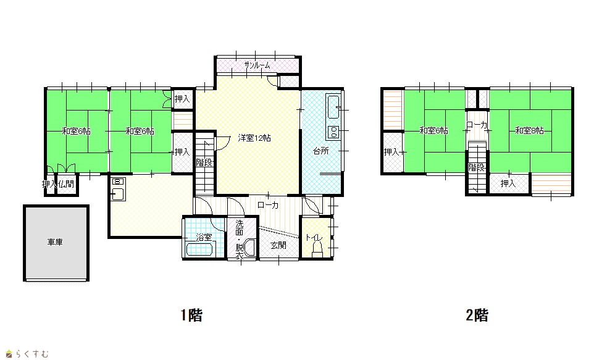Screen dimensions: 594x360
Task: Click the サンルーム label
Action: [x=257, y=65]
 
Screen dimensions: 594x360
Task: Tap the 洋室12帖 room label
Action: [x=254, y=138]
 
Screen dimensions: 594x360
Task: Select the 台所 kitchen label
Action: [x=321, y=151]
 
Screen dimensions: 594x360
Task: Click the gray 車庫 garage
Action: [x=56, y=243]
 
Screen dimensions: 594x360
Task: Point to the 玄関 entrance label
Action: [x=278, y=246]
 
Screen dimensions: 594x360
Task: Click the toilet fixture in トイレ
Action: [x=317, y=249]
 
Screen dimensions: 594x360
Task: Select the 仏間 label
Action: [x=66, y=184]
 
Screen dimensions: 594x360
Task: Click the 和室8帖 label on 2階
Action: [x=529, y=131]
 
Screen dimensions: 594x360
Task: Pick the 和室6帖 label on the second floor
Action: [x=433, y=131]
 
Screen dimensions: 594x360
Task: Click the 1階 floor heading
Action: [x=191, y=315]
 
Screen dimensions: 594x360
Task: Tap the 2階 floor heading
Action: [x=477, y=315]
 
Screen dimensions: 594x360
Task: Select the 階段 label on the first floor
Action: [x=204, y=162]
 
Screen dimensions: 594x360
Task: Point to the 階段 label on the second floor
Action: [x=476, y=167]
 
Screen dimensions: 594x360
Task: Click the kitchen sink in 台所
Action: [x=333, y=107]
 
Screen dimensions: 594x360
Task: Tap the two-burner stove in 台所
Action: [x=333, y=131]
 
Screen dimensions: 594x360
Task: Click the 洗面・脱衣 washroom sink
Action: [x=250, y=248]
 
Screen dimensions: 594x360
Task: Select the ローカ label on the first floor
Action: [x=268, y=205]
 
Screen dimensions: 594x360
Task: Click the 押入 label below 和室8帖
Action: [x=508, y=184]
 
